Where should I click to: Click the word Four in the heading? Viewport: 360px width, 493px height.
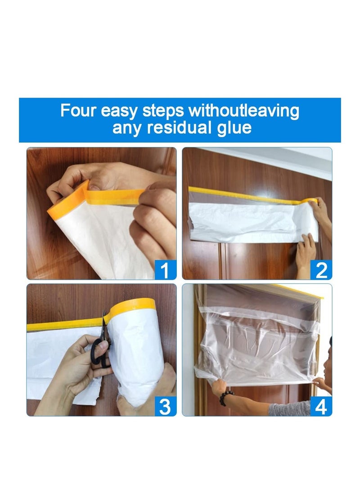coord(79,110)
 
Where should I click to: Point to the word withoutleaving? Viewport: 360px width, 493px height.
coord(244,110)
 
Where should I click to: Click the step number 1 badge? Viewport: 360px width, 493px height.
coord(165,270)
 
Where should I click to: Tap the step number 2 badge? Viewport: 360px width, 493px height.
coord(321,270)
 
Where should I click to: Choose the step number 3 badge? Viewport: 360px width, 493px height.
coord(165,406)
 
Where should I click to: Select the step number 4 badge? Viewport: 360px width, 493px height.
coord(321,406)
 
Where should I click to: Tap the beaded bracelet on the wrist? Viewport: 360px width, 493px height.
coord(227,398)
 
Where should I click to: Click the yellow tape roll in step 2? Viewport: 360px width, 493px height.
coord(310,201)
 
